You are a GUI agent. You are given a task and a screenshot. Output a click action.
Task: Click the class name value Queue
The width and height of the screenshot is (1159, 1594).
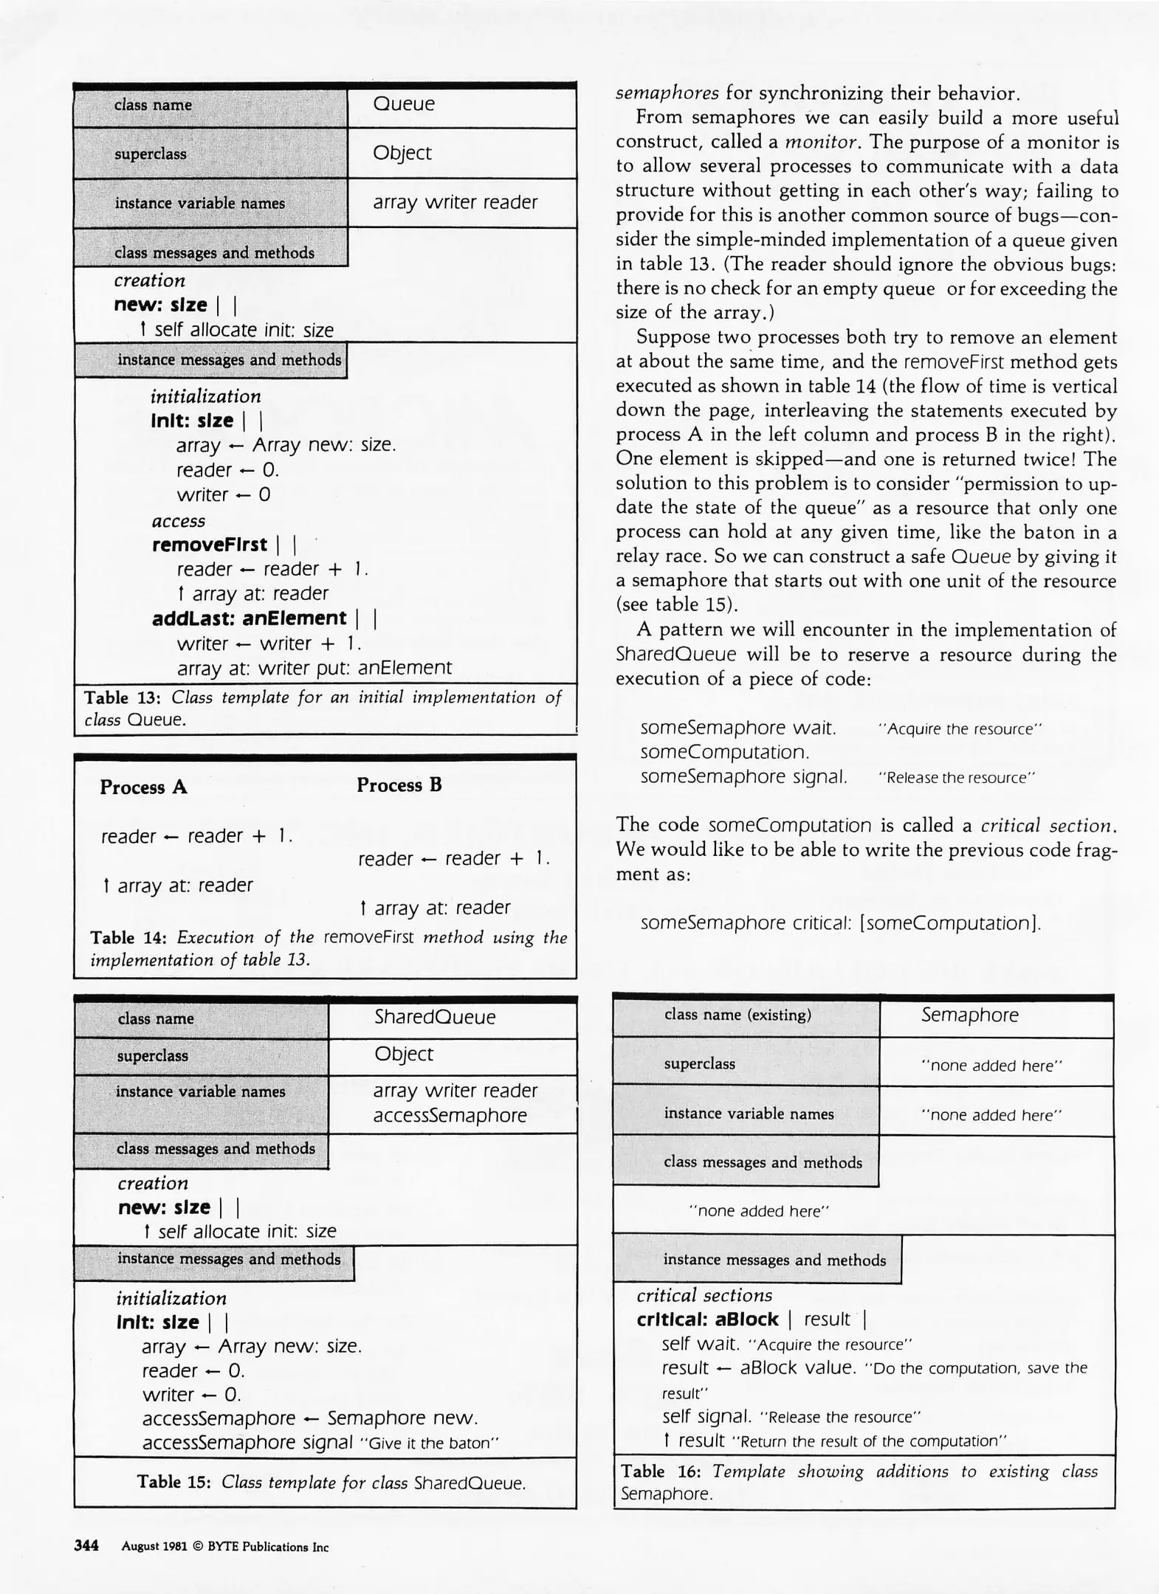[x=403, y=104]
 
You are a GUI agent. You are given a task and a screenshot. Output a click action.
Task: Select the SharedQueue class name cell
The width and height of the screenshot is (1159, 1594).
[x=434, y=1017]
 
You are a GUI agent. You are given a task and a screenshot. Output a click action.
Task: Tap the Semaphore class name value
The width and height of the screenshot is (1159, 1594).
[x=969, y=1015]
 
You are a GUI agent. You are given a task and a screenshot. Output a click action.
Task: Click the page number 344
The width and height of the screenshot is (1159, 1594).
[x=86, y=1546]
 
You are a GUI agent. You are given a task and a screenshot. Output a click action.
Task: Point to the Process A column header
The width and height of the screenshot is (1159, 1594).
[x=143, y=787]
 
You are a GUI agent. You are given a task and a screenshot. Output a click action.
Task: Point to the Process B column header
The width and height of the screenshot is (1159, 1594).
[x=399, y=785]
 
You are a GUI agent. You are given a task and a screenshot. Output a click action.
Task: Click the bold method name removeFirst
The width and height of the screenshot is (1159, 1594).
[x=209, y=545]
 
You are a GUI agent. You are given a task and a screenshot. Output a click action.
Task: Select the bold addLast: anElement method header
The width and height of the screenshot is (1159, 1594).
[x=249, y=618]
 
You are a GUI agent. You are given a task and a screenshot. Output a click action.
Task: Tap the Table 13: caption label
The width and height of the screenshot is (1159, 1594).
[x=122, y=697]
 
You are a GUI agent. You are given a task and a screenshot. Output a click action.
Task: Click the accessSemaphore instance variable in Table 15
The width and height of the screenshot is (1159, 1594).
[x=450, y=1115]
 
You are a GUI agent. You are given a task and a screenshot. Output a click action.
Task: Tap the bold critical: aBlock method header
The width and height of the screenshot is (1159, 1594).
[x=707, y=1319]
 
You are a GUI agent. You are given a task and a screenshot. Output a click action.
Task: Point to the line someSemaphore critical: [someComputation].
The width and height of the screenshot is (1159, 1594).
[x=840, y=923]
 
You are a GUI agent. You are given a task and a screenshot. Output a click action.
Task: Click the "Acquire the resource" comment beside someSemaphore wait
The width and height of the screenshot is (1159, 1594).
[x=959, y=729]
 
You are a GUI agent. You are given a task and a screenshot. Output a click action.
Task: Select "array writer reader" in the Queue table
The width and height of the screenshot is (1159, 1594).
[x=455, y=202]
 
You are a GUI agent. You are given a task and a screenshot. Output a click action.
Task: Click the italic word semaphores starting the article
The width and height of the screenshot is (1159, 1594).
[x=667, y=94]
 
